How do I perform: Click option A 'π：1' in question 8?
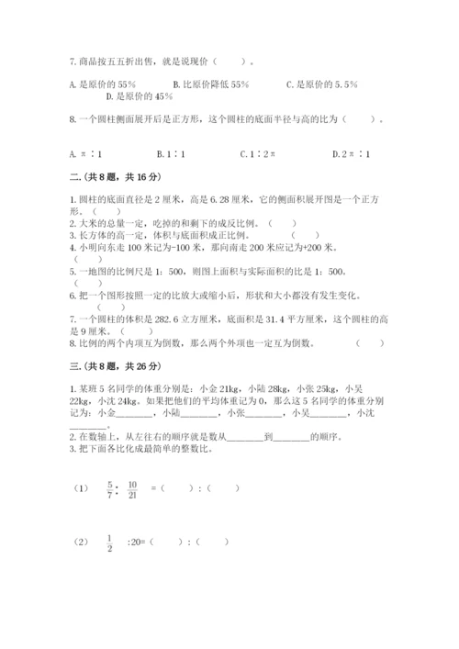pos(87,155)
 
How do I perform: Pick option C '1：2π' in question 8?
pos(258,155)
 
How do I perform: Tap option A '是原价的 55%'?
pos(102,84)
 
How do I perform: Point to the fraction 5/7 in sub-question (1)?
pos(110,487)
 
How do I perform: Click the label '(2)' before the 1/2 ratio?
pos(80,542)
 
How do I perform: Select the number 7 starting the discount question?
pos(72,62)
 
